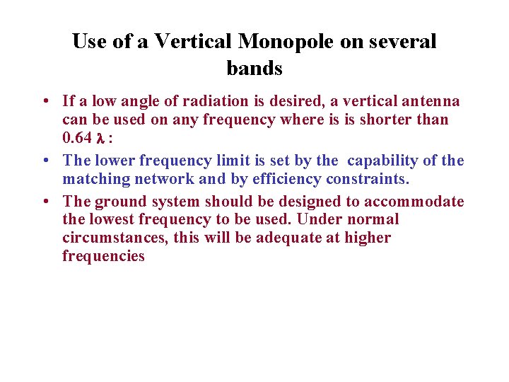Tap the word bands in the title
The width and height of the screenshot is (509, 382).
pyautogui.click(x=255, y=69)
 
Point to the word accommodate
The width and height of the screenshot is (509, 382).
pyautogui.click(x=414, y=202)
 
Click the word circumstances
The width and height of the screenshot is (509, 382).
pyautogui.click(x=114, y=238)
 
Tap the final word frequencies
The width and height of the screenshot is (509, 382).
pyautogui.click(x=103, y=256)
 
